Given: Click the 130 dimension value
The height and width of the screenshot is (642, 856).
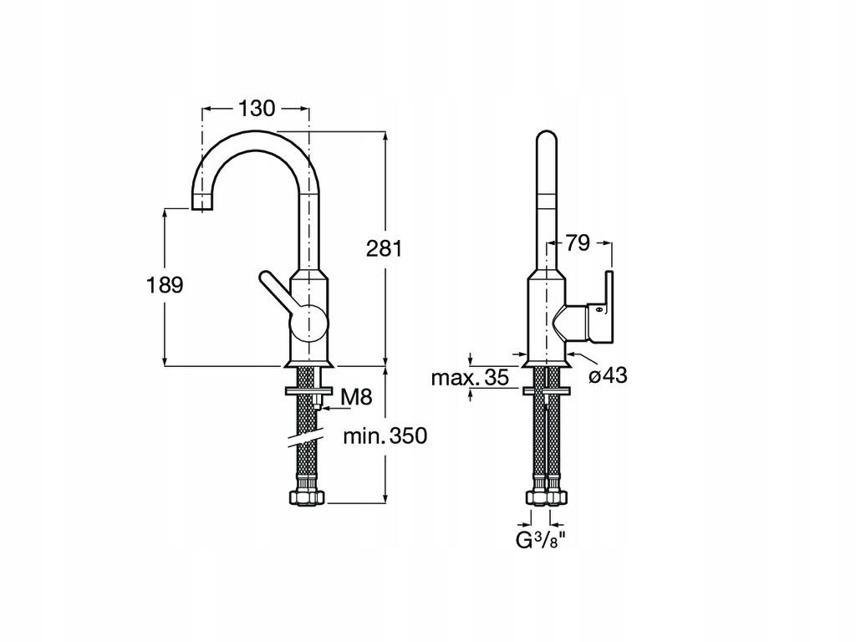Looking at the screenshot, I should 256,109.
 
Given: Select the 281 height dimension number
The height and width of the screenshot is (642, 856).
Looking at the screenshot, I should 385,248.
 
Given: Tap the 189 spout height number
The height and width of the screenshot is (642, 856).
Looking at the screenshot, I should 165,284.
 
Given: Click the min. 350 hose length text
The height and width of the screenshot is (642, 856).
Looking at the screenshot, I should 385,436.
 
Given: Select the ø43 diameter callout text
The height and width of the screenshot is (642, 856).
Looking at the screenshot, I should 608,376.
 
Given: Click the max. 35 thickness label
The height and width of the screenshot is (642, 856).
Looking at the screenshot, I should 470,378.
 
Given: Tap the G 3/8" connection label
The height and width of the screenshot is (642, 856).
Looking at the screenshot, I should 540,539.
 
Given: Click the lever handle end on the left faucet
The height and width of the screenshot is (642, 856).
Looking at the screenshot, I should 264,279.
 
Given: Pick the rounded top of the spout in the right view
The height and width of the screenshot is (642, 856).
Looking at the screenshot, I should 545,139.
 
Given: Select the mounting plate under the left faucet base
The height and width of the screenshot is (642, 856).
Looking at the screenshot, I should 308,390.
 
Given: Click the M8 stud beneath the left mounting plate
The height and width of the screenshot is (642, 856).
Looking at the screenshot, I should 318,402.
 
